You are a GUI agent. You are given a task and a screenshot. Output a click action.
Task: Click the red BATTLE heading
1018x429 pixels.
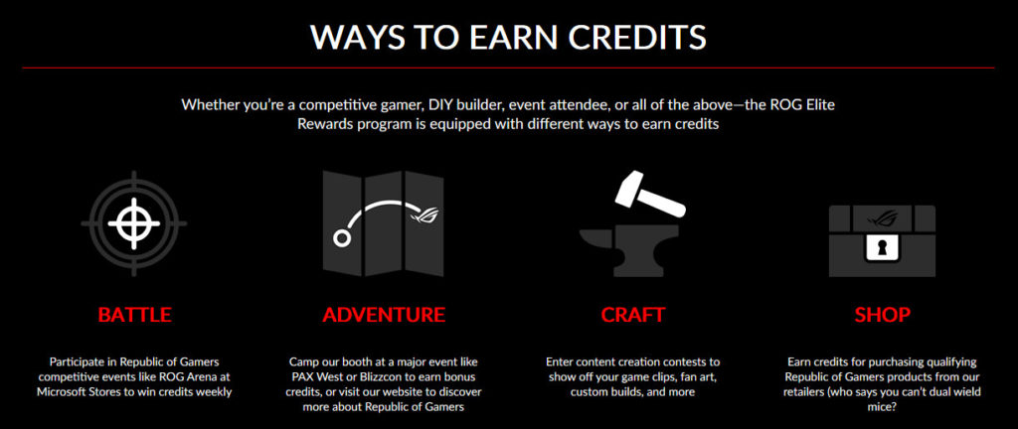[x=134, y=315]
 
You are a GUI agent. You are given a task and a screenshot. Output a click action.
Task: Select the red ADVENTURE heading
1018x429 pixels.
[x=384, y=315]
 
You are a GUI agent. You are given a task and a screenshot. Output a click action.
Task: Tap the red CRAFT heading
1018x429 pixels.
[x=633, y=315]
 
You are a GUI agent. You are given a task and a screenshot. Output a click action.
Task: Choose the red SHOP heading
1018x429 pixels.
[x=883, y=315]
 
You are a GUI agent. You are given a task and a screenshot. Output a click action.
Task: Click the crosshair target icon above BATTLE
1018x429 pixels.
[x=134, y=223]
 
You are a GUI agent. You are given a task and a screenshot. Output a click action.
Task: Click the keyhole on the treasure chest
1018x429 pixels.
[x=883, y=247]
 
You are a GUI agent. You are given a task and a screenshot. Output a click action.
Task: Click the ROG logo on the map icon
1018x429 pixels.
[x=425, y=214]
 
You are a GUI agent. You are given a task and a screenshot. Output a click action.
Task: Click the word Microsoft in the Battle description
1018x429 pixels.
[x=65, y=391]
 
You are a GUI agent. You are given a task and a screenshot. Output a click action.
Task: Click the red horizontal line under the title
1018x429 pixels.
[x=508, y=68]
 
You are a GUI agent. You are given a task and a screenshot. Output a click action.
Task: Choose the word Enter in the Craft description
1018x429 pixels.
[x=560, y=361]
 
